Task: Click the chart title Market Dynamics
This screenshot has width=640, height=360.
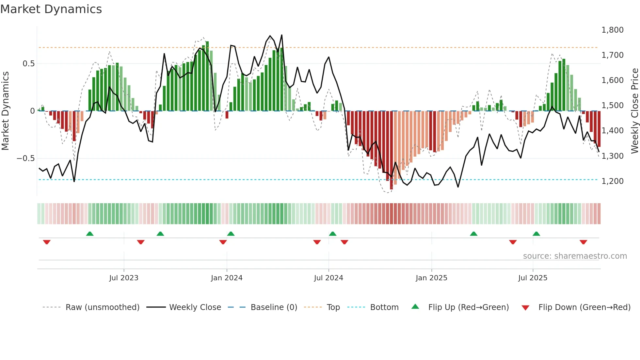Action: pyautogui.click(x=51, y=9)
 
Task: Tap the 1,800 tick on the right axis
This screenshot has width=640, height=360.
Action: pyautogui.click(x=612, y=30)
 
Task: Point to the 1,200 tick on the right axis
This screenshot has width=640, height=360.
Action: pyautogui.click(x=612, y=181)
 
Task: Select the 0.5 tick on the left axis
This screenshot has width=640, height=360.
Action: pyautogui.click(x=28, y=64)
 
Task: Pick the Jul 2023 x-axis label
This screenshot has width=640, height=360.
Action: pyautogui.click(x=124, y=278)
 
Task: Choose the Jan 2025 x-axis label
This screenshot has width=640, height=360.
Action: pyautogui.click(x=431, y=278)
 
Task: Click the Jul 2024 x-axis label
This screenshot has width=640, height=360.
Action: pyautogui.click(x=328, y=278)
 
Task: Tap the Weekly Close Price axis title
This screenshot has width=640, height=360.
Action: pyautogui.click(x=634, y=111)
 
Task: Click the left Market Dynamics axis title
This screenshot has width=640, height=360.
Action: pyautogui.click(x=5, y=111)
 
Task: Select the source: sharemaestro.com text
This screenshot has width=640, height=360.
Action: pyautogui.click(x=575, y=256)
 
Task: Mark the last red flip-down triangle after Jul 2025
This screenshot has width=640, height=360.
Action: pyautogui.click(x=583, y=242)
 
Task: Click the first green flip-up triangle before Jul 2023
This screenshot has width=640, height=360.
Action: pyautogui.click(x=90, y=234)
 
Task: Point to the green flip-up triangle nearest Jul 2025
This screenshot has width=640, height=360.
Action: pyautogui.click(x=536, y=234)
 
